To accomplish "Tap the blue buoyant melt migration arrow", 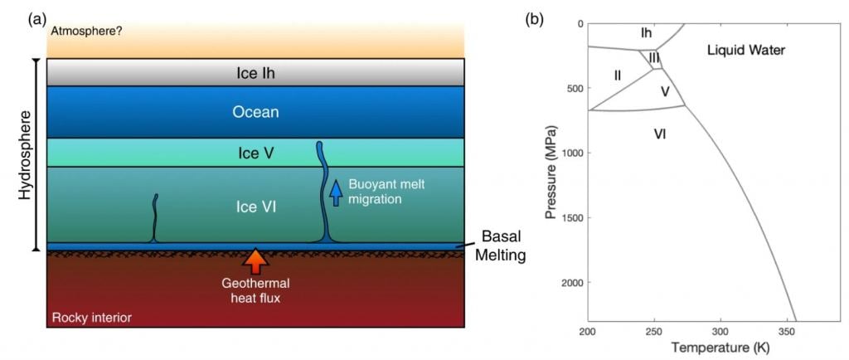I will click(x=336, y=192).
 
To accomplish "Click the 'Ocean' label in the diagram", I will click(x=255, y=112).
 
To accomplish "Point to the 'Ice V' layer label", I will click(x=255, y=153).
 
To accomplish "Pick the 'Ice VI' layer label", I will click(x=255, y=206).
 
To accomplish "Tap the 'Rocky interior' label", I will click(x=91, y=318).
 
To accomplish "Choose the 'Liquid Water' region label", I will click(x=745, y=51).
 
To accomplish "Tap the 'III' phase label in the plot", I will click(x=654, y=58).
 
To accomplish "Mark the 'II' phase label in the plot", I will click(x=618, y=75).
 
